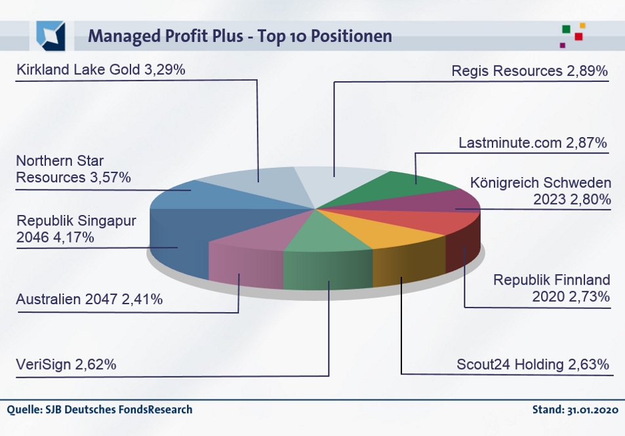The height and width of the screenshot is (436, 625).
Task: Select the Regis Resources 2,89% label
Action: point(530,71)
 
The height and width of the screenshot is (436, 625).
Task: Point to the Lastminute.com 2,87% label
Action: point(533,142)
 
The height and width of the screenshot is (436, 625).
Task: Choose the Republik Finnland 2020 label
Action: point(552,288)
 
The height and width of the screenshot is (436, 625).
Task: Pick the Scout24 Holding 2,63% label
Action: point(533,364)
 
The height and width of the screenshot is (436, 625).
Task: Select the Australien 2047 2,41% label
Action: point(89,300)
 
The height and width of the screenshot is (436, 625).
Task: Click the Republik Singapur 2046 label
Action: point(76,228)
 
